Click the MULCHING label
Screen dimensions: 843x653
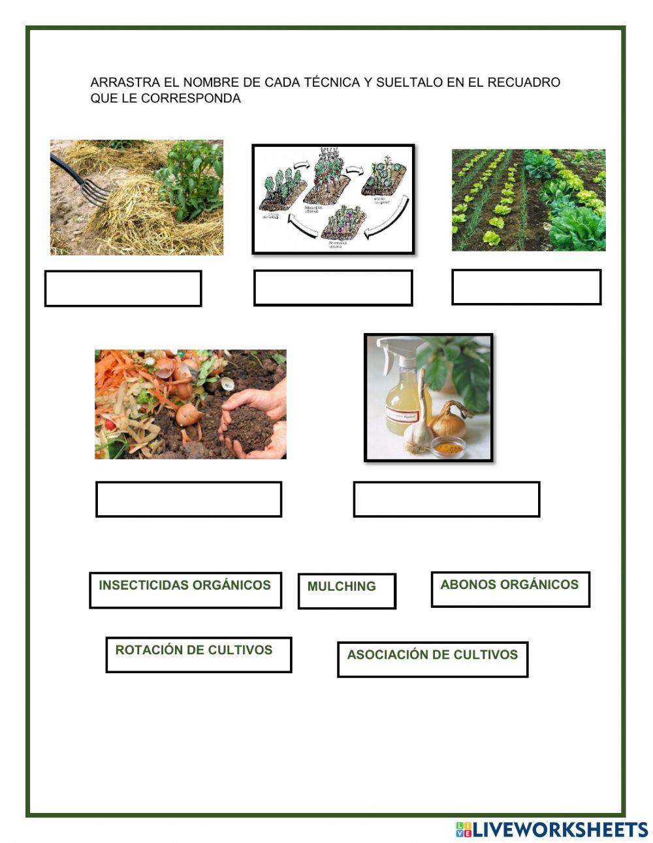pos(346,590)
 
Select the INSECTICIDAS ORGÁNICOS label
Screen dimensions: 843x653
pos(185,589)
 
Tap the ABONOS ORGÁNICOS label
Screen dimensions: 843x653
pos(509,588)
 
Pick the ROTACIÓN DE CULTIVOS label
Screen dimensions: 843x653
pos(198,654)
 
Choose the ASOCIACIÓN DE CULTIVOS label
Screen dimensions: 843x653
pos(432,658)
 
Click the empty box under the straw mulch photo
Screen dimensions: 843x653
pos(123,288)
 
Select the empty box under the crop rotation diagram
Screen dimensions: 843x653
pos(332,287)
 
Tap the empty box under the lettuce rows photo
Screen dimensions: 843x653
pos(526,287)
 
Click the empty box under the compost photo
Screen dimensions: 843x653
pos(188,499)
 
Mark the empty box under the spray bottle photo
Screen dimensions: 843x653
pos(446,499)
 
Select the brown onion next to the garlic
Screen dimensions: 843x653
pos(449,421)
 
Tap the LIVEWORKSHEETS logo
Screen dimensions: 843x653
pos(551,829)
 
